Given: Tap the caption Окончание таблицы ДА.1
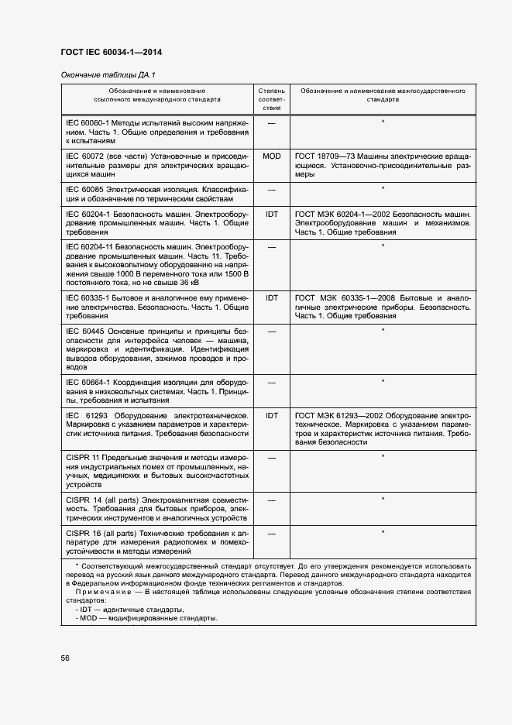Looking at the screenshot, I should click(x=108, y=75).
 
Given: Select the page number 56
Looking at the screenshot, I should click(x=66, y=658).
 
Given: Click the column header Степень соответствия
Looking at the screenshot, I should click(x=272, y=100).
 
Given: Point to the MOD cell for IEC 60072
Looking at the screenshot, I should click(x=272, y=156).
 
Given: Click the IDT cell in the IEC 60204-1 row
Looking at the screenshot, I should click(x=272, y=213).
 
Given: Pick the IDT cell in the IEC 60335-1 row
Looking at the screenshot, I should click(x=272, y=297).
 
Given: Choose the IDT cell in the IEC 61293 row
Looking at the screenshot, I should click(x=272, y=416).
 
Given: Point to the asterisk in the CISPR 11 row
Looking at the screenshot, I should click(x=383, y=458).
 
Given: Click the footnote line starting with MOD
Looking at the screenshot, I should click(x=147, y=619).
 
